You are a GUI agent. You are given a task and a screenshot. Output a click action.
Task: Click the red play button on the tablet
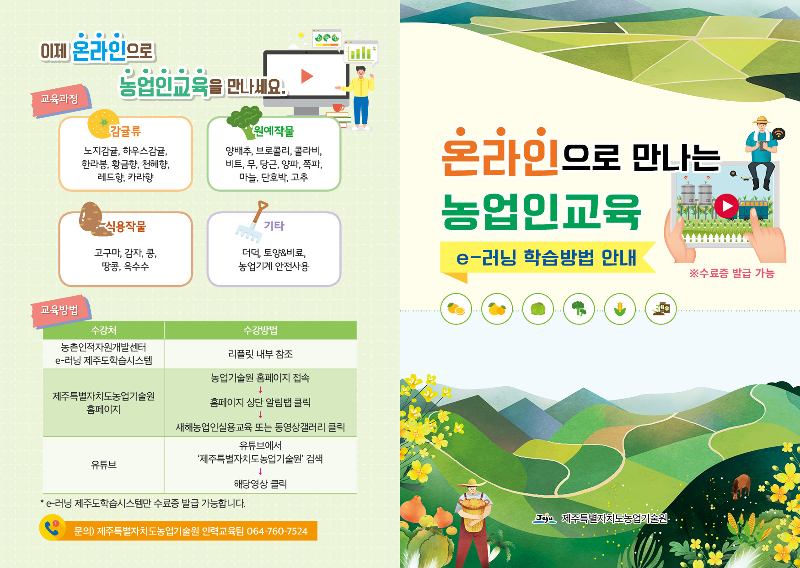[726, 206]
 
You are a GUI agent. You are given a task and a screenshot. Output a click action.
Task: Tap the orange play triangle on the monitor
[307, 76]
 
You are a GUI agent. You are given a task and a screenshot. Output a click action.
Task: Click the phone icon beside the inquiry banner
[52, 529]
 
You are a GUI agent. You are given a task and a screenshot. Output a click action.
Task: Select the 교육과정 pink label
[59, 99]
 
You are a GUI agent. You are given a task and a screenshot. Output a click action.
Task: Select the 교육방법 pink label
[59, 310]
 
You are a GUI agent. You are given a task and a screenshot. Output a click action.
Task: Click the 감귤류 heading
[125, 132]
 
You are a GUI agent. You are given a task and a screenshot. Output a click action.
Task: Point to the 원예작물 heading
[274, 131]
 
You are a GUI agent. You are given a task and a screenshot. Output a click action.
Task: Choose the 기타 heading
[274, 226]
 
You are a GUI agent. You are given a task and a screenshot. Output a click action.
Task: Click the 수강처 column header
[104, 330]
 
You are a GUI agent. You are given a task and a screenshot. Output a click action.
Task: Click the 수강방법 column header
[260, 330]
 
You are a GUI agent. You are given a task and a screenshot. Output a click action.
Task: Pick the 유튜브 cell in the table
[104, 465]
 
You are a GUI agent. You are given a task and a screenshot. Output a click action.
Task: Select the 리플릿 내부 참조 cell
[260, 354]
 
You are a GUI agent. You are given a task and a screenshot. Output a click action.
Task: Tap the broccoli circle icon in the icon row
[579, 309]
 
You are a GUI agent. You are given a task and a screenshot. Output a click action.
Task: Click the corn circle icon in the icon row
[620, 309]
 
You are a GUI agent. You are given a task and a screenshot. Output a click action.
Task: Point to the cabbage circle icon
[538, 309]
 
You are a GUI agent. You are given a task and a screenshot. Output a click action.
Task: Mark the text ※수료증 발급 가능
[731, 274]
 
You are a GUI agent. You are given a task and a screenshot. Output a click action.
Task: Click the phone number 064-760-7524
[277, 531]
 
